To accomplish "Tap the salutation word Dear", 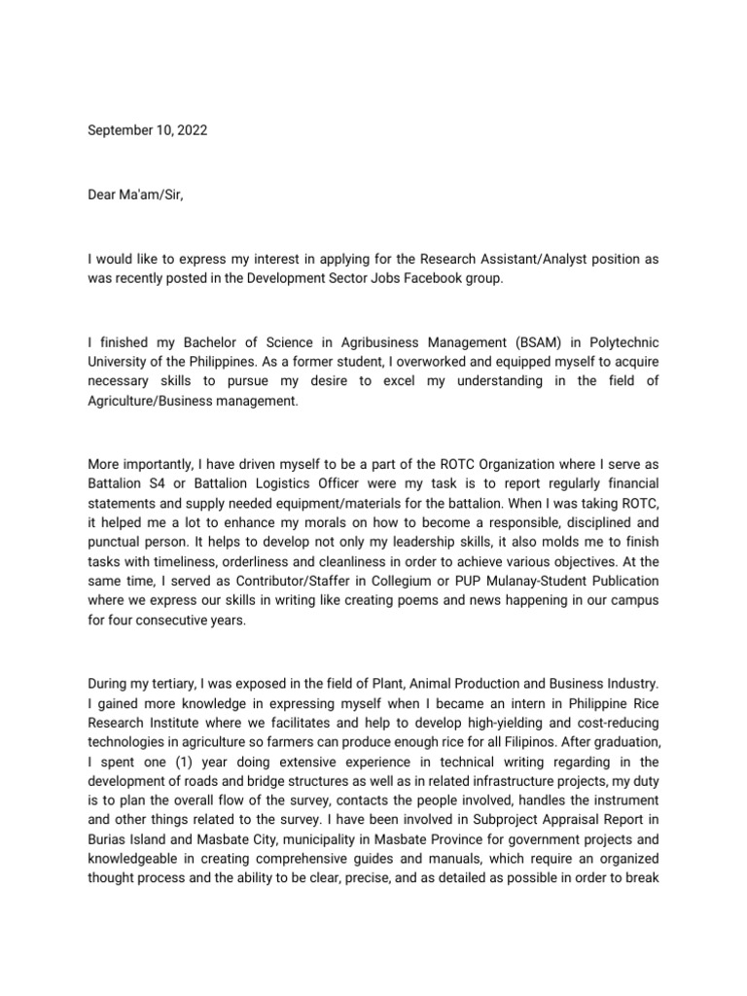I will coord(104,196).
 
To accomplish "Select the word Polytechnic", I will coord(622,344).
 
